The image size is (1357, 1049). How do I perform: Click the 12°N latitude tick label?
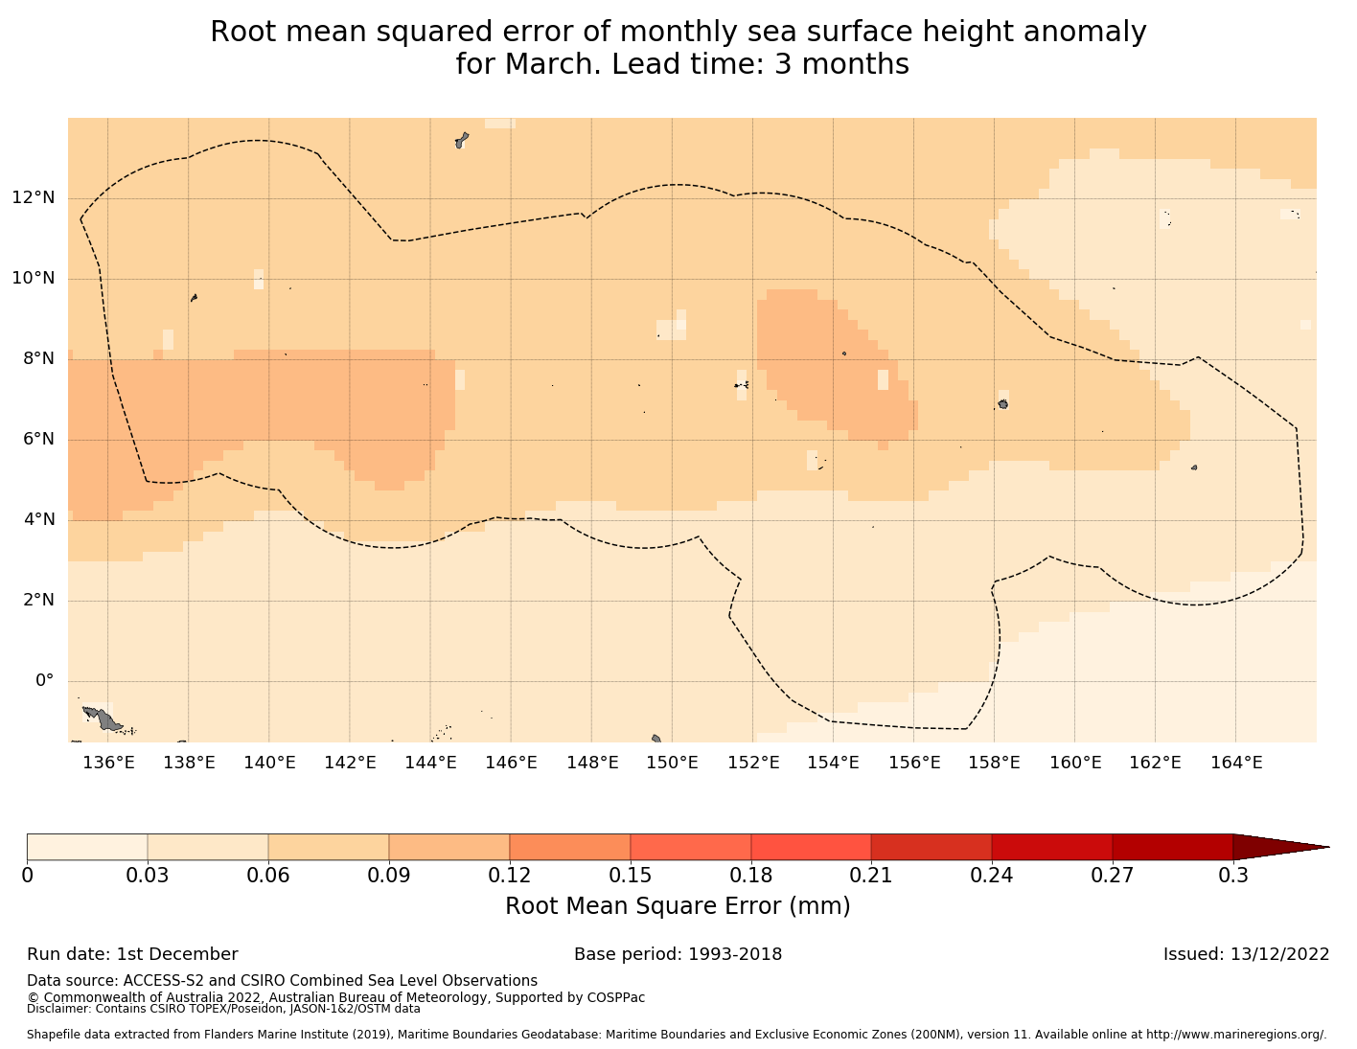click(x=33, y=198)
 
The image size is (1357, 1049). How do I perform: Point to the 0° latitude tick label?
click(x=44, y=681)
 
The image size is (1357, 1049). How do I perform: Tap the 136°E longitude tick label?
click(x=107, y=763)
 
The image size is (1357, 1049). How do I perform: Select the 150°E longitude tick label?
click(x=672, y=763)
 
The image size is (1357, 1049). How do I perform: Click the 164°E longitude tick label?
click(x=1236, y=763)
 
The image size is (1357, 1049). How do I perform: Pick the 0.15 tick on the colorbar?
click(x=631, y=875)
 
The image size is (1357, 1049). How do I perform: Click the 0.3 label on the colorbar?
click(x=1232, y=875)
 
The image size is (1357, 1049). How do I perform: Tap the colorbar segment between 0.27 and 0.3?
click(x=1172, y=847)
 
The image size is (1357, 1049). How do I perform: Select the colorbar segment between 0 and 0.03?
click(x=87, y=847)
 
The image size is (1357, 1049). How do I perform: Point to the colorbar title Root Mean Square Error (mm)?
click(x=678, y=906)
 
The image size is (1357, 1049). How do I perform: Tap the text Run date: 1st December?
click(x=132, y=954)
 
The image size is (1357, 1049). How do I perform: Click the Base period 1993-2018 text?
click(x=678, y=954)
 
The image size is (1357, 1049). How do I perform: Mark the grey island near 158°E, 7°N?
click(x=1002, y=404)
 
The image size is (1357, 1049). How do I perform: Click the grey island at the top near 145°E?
click(x=461, y=141)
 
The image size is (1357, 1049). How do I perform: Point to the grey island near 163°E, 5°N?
click(x=1194, y=467)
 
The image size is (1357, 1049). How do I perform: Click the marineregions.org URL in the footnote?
click(x=1236, y=1035)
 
